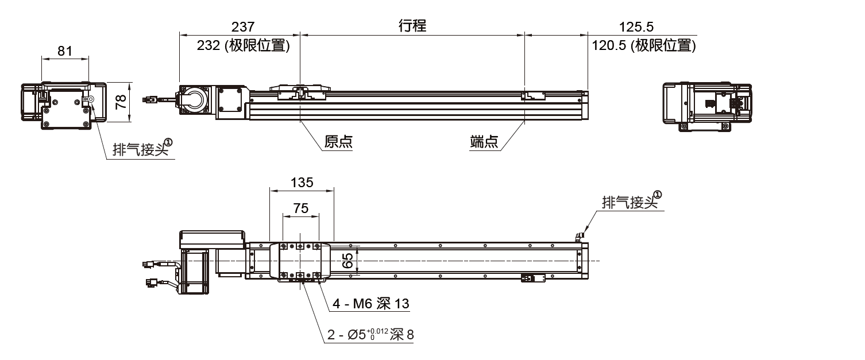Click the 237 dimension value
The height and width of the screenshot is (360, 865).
(242, 26)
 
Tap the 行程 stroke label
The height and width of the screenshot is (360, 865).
(412, 26)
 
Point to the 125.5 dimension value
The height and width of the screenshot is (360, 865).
(636, 26)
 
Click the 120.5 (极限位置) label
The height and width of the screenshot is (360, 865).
(643, 46)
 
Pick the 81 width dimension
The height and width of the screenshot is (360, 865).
(65, 51)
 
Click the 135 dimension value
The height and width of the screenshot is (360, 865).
(302, 183)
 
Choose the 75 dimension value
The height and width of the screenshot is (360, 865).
(301, 208)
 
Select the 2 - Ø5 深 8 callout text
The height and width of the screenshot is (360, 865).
(370, 335)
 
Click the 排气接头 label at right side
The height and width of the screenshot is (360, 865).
(628, 202)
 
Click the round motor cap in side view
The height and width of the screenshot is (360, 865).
(195, 99)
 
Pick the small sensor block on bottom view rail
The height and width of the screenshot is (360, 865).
(532, 278)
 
